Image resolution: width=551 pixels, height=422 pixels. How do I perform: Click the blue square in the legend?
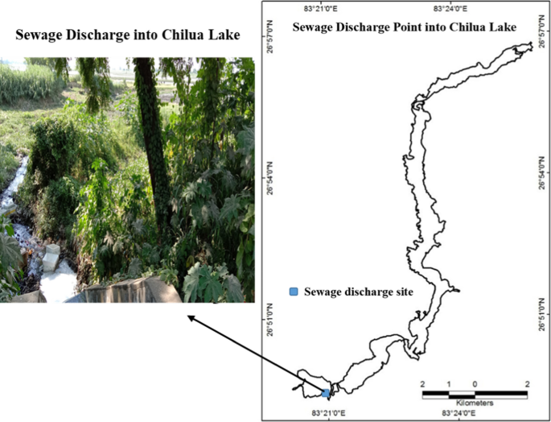[294, 291]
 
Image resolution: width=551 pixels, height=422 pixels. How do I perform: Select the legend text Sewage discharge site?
[359, 292]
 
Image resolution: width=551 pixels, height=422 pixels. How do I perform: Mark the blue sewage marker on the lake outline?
[325, 393]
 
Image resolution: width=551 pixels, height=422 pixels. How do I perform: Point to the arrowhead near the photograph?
[191, 318]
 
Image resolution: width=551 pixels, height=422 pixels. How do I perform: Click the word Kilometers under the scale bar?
[475, 402]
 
